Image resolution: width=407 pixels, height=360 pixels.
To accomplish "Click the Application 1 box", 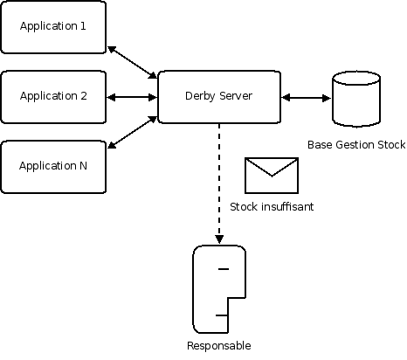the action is click(x=53, y=27).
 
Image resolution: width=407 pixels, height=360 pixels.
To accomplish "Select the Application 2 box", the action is click(x=53, y=97).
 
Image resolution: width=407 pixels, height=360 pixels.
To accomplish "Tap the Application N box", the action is click(x=53, y=167).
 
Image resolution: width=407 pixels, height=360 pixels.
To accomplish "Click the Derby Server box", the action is click(x=219, y=97).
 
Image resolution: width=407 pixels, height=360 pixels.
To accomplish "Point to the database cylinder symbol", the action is click(x=356, y=99).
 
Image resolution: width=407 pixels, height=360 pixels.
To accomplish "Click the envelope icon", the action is click(x=272, y=176).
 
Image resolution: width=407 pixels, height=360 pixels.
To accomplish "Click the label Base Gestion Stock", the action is click(x=356, y=145).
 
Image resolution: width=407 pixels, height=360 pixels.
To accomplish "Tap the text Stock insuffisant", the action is click(x=272, y=207).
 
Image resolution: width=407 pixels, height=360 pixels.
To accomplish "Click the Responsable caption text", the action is click(x=219, y=346).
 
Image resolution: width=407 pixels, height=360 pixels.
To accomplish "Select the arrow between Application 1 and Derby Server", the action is click(x=132, y=62).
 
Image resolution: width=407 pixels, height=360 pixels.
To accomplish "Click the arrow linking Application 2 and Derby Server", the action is click(x=132, y=97).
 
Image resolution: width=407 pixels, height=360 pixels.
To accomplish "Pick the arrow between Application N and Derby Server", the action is click(x=132, y=132).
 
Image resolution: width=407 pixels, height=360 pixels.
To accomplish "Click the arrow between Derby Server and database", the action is click(x=307, y=98).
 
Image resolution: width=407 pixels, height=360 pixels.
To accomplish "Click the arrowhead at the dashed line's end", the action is click(x=219, y=239).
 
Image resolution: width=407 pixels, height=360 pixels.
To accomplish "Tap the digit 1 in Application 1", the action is click(x=83, y=26).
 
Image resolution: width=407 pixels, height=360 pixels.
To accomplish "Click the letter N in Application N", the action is click(x=83, y=166).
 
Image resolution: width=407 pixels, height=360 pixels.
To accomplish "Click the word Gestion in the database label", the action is click(x=355, y=145).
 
